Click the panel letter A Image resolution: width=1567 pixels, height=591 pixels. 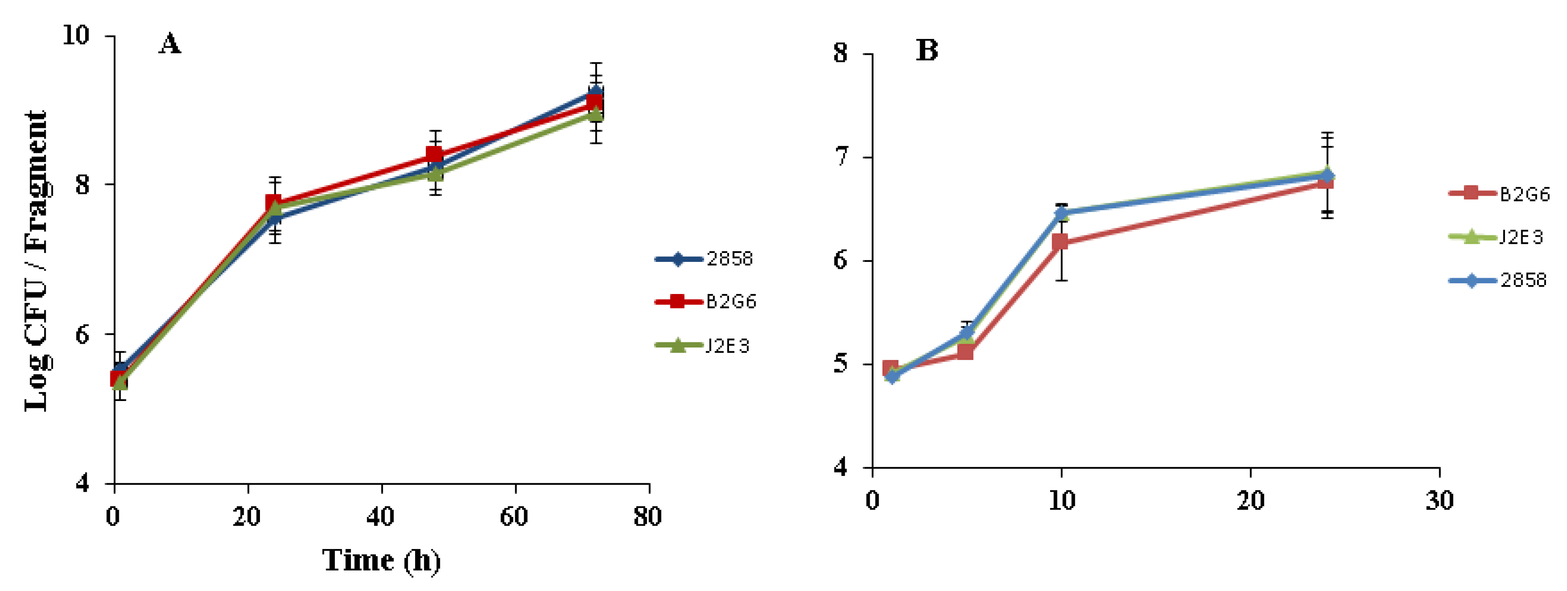pyautogui.click(x=170, y=44)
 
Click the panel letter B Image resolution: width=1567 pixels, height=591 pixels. pyautogui.click(x=927, y=50)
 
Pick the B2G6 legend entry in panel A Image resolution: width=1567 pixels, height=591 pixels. pyautogui.click(x=705, y=302)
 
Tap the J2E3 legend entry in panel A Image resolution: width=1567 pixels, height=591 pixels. pyautogui.click(x=702, y=346)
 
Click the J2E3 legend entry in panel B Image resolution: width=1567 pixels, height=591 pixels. pyautogui.click(x=1496, y=237)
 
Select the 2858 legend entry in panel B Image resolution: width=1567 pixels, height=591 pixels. pyautogui.click(x=1498, y=280)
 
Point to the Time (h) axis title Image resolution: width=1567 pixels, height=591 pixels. pyautogui.click(x=381, y=560)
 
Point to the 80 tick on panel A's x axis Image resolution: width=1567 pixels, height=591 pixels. pyautogui.click(x=647, y=517)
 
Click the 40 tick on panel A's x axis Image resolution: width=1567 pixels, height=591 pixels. pyautogui.click(x=380, y=517)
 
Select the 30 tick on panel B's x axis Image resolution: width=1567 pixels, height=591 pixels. pyautogui.click(x=1439, y=500)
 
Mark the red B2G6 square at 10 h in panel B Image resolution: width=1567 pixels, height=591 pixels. pyautogui.click(x=1060, y=242)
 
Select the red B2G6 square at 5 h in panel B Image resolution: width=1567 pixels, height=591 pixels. pyautogui.click(x=965, y=351)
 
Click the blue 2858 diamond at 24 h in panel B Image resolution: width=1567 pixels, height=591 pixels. pyautogui.click(x=1327, y=175)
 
